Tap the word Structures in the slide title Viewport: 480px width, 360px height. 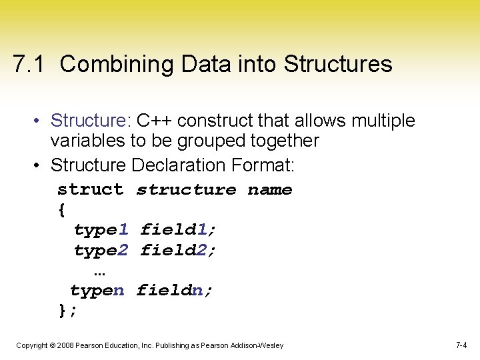[338, 65]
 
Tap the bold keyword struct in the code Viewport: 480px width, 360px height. [90, 190]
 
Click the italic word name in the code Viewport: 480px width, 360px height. [270, 190]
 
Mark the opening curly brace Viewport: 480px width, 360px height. [62, 210]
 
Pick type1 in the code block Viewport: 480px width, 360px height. [101, 230]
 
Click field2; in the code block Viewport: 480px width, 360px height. [178, 251]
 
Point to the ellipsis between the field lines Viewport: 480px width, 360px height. [100, 273]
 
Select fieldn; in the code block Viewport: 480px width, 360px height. [175, 291]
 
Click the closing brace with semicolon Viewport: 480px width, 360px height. [68, 311]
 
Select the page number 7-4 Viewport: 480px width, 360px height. [461, 345]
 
